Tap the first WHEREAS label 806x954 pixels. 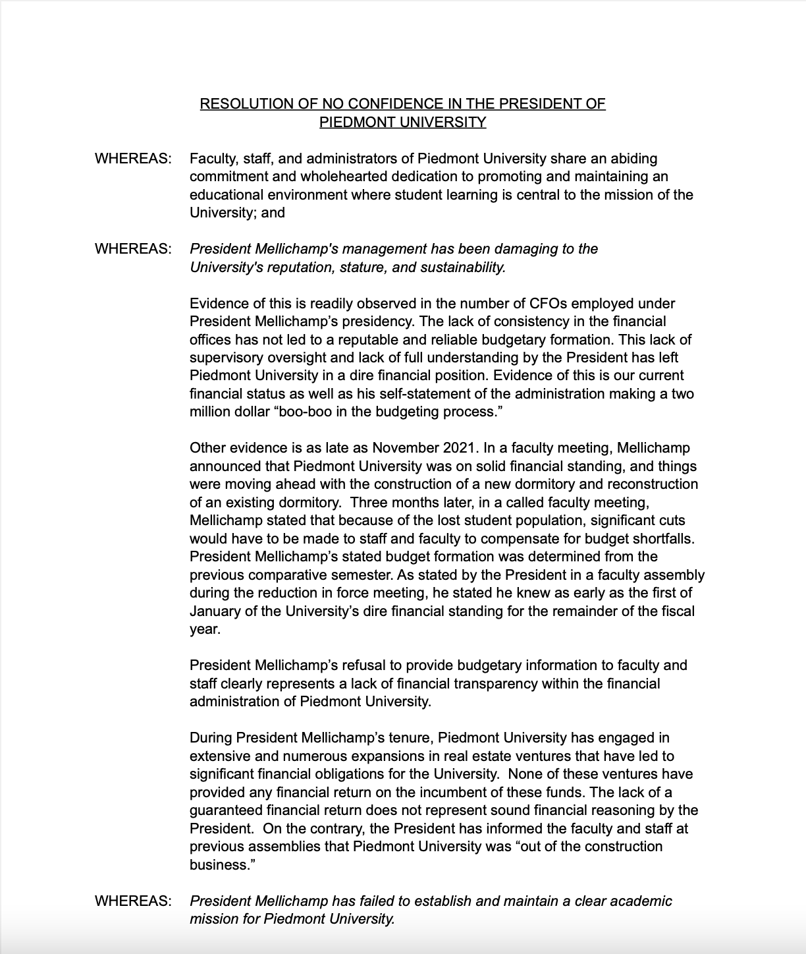click(x=133, y=159)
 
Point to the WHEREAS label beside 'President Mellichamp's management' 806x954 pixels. click(x=133, y=249)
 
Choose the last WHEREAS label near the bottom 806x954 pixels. click(x=133, y=901)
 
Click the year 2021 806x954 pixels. click(x=458, y=448)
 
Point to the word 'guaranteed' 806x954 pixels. click(x=225, y=810)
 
